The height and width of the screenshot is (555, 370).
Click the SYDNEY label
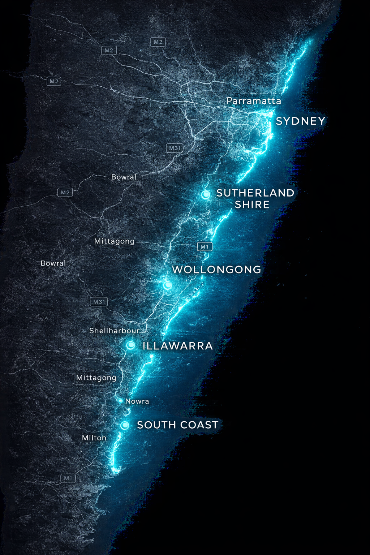point(301,121)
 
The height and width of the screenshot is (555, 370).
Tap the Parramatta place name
point(254,101)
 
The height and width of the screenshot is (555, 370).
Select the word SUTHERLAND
point(255,193)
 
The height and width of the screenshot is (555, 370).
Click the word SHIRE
point(252,205)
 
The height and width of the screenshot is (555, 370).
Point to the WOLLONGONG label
point(216,270)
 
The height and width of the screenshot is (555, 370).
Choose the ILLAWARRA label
point(177,346)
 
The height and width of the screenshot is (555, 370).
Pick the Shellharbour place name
point(114,331)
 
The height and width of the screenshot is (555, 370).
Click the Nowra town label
point(137,401)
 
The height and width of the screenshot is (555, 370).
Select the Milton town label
point(94,438)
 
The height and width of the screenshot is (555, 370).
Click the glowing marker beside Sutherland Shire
point(206,195)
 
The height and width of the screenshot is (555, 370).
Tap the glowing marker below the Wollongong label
point(167,285)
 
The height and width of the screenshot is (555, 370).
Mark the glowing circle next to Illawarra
point(131,345)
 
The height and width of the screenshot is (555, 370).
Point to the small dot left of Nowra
point(121,401)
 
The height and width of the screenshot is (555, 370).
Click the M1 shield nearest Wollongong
point(205,247)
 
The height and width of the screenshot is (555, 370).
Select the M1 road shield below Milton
point(68,478)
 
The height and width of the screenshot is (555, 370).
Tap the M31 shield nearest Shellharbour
point(99,302)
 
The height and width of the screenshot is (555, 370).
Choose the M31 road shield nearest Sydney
point(175,148)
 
